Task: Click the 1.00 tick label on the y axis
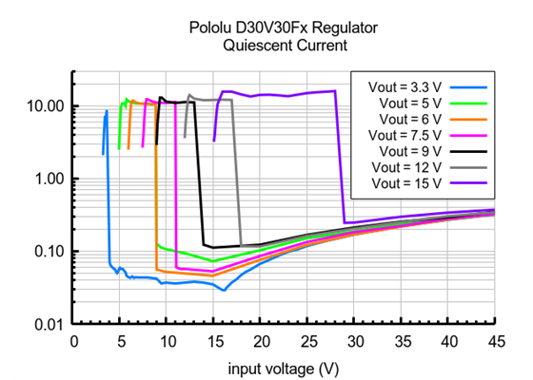pyautogui.click(x=49, y=179)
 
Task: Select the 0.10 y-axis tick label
pyautogui.click(x=49, y=252)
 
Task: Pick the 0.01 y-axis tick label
pyautogui.click(x=49, y=325)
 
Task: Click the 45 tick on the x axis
pyautogui.click(x=494, y=341)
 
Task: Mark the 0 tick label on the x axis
pyautogui.click(x=73, y=341)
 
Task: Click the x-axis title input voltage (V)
pyautogui.click(x=283, y=366)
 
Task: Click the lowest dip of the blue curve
pyautogui.click(x=224, y=290)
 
